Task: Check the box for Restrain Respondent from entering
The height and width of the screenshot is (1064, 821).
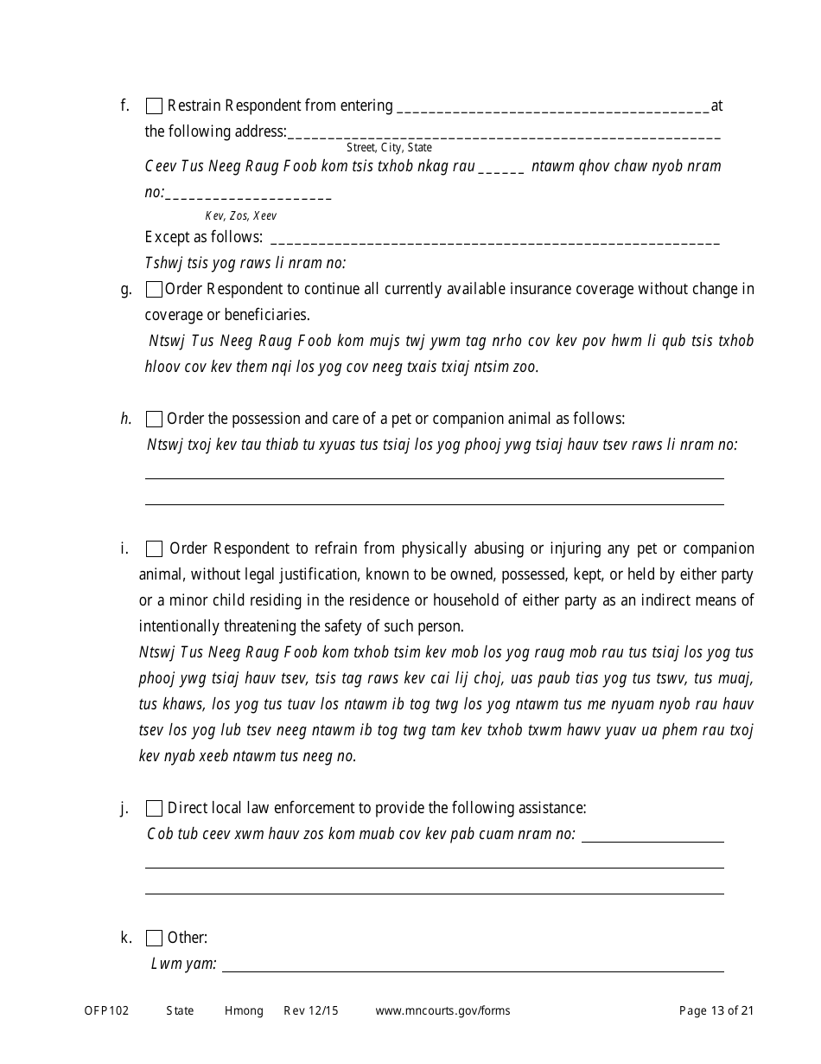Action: tap(154, 106)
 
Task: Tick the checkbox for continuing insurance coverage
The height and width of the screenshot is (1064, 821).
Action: tap(154, 290)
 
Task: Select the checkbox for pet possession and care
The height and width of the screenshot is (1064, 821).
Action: tap(154, 420)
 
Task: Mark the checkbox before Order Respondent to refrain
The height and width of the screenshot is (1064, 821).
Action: tap(154, 549)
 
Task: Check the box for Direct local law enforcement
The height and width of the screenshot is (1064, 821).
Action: tap(154, 809)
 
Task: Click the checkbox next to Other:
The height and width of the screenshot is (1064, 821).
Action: tap(154, 939)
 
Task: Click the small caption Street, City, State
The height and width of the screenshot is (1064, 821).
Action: tap(389, 148)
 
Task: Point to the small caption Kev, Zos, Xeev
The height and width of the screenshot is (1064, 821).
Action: tap(241, 216)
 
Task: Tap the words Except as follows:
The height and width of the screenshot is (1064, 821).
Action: tap(203, 237)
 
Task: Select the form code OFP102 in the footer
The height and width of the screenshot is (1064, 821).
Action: tap(106, 1011)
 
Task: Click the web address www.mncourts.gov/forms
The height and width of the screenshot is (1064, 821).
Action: tap(442, 1011)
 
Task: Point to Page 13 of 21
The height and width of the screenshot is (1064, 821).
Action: tap(716, 1011)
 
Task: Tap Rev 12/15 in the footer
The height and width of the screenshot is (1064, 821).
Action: tap(311, 1011)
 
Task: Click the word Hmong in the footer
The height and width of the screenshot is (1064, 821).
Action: tap(244, 1011)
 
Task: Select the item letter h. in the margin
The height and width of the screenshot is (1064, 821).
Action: tap(126, 420)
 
